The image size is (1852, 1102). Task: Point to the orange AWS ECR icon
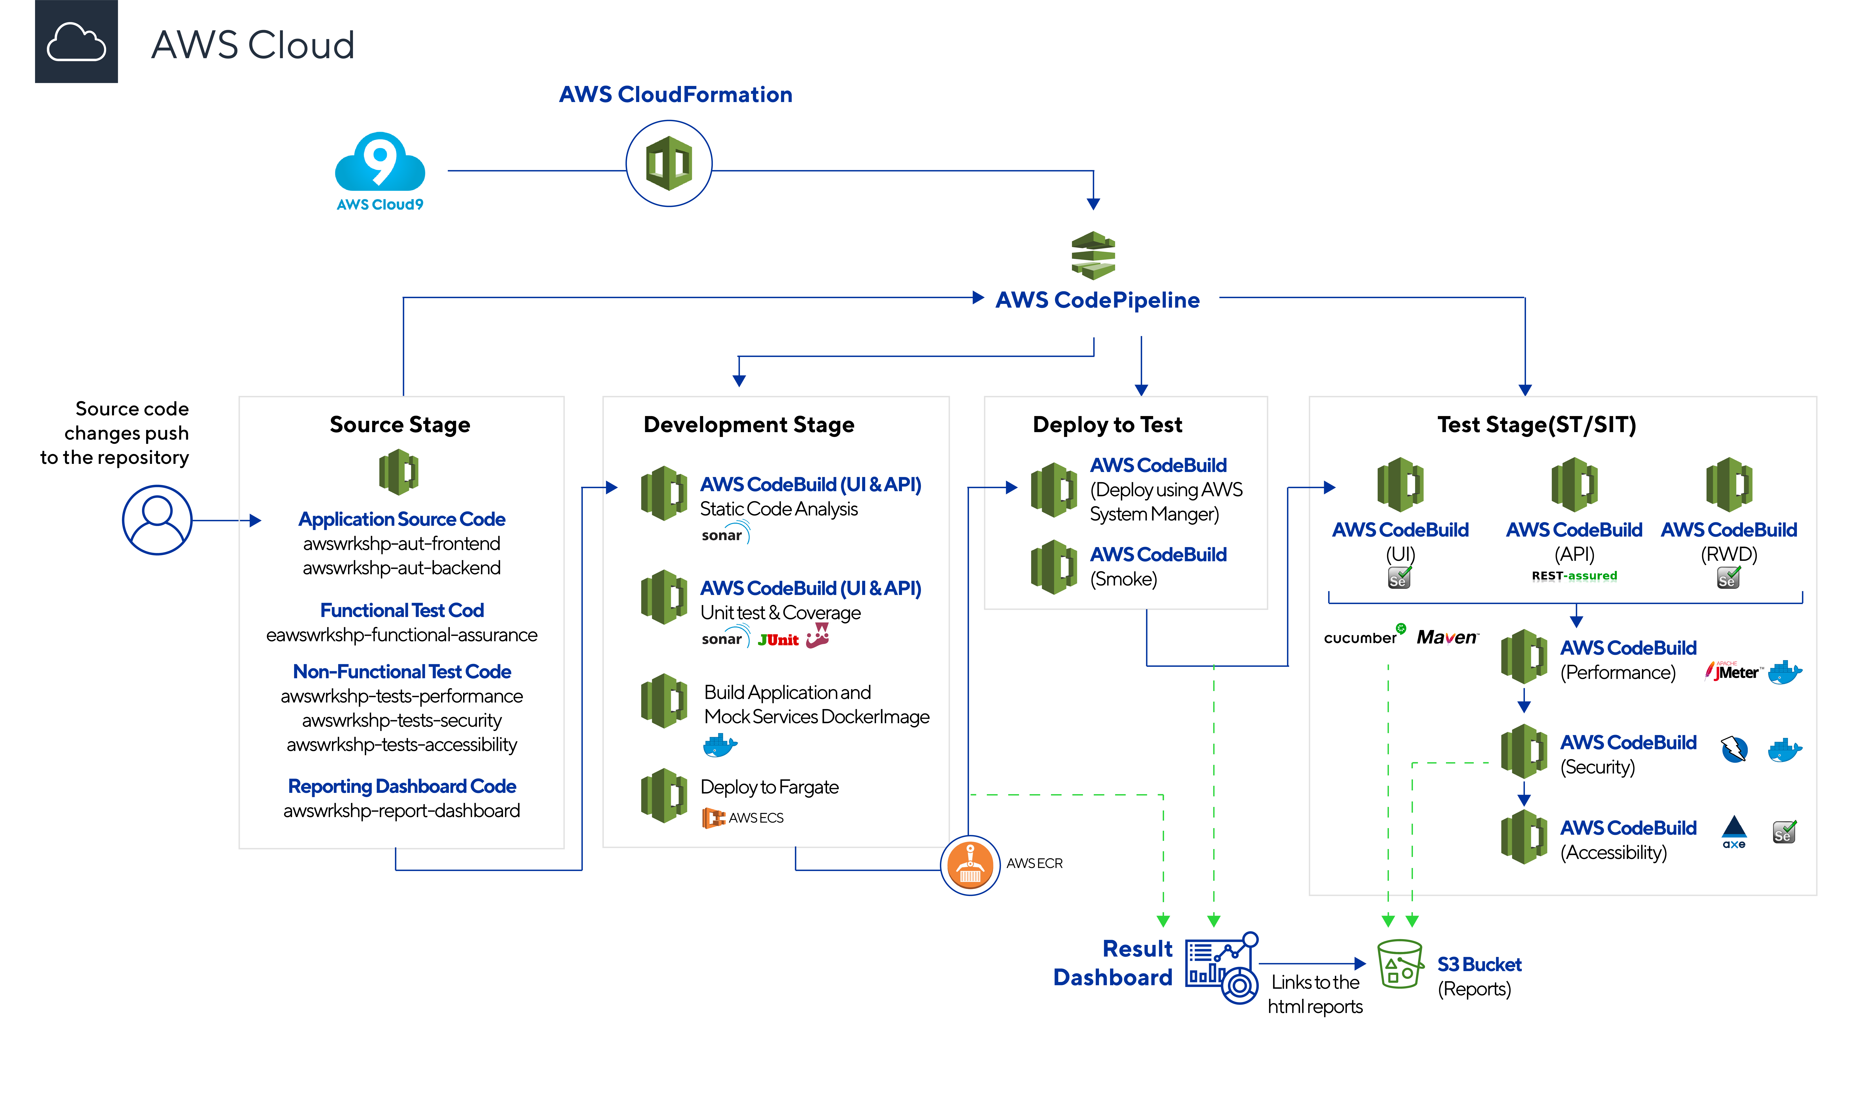(970, 865)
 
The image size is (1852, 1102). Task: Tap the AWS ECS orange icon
(713, 818)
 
